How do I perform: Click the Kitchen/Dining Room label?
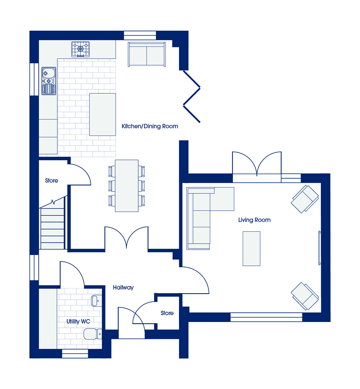[150, 126]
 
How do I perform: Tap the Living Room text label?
[255, 220]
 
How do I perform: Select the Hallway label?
[123, 287]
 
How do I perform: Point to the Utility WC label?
[78, 322]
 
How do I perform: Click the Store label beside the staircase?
[51, 180]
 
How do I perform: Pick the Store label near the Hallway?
[167, 313]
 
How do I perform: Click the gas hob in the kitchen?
[81, 49]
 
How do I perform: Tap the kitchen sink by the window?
[49, 81]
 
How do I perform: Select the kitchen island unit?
[103, 115]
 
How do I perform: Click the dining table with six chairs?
[127, 186]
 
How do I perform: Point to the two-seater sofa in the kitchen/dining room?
[147, 54]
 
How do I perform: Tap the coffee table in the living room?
[251, 249]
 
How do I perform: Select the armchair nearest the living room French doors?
[305, 199]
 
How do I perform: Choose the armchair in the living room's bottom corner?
[305, 296]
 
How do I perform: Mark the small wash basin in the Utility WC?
[96, 301]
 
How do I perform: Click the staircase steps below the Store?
[53, 228]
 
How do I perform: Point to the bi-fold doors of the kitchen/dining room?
[192, 97]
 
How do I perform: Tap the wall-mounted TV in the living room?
[320, 248]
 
